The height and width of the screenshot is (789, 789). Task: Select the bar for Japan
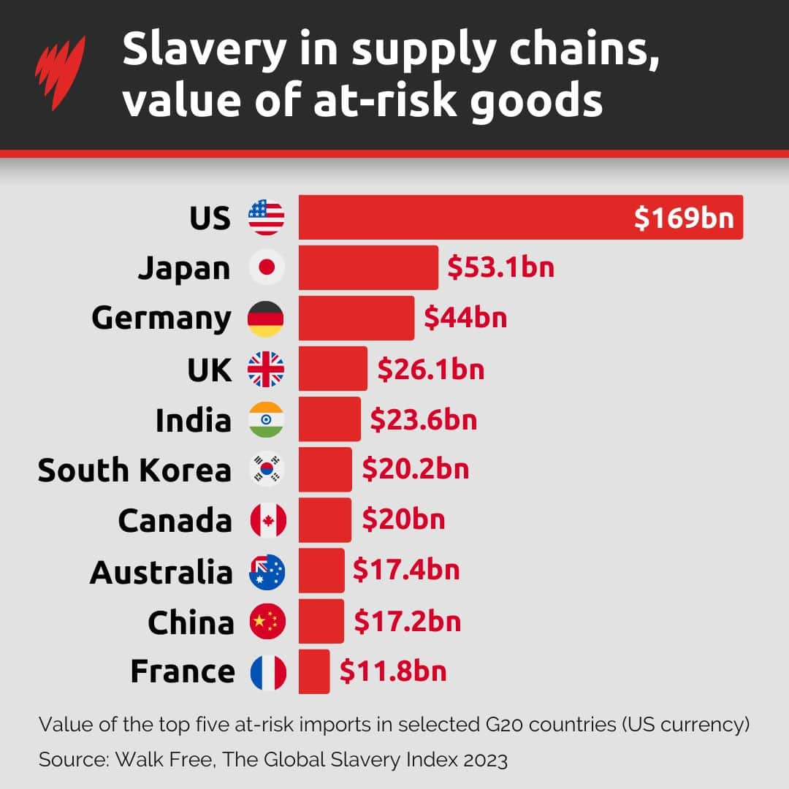(x=368, y=268)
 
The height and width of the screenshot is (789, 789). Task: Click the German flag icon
(x=266, y=319)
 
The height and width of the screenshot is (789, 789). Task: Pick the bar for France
(x=314, y=671)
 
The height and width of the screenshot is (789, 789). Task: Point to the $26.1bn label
(x=430, y=369)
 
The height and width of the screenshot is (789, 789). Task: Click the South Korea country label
(x=134, y=470)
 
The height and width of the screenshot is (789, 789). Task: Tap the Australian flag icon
(x=267, y=572)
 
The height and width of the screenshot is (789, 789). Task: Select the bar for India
(x=329, y=419)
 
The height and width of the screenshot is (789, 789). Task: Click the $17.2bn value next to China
(x=408, y=622)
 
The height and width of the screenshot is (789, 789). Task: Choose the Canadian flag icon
(x=268, y=521)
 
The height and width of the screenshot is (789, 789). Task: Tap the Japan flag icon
(x=267, y=268)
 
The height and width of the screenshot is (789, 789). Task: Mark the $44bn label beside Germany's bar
(x=465, y=319)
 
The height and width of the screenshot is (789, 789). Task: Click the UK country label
(x=209, y=370)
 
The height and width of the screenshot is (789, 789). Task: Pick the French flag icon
(x=268, y=673)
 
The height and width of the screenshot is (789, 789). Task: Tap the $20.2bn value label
(x=416, y=470)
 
